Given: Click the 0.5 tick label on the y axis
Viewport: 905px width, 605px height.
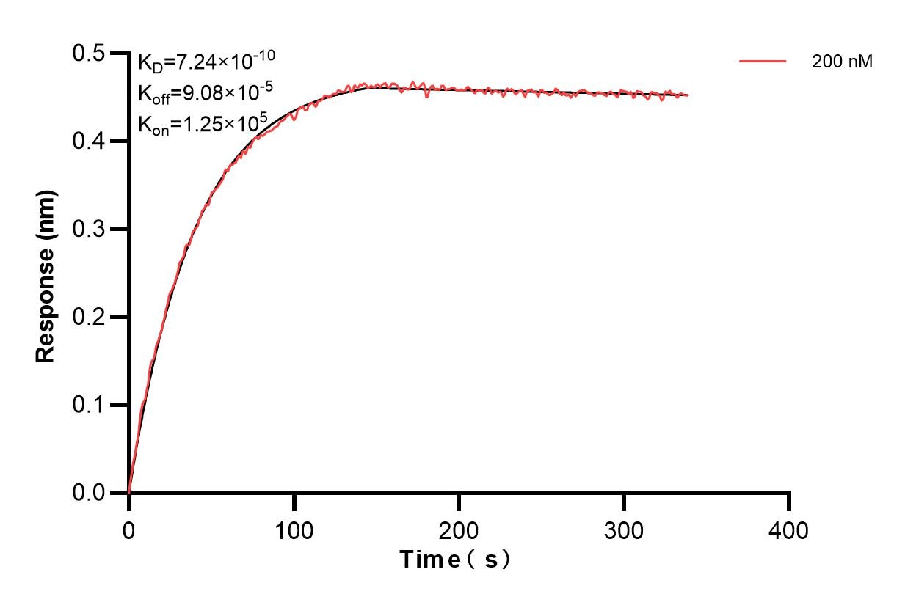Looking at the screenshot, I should point(89,53).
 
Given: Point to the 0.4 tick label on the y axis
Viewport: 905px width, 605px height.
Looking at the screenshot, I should point(89,141).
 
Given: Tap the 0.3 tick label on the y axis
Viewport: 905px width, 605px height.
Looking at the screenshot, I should point(89,229).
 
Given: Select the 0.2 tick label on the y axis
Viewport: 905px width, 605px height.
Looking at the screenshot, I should point(89,317).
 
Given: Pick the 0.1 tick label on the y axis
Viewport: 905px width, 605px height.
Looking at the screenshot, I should point(89,405).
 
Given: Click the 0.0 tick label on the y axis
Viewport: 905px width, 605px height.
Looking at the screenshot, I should point(89,493).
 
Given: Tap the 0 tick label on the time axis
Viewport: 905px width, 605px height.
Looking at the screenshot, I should point(129,529).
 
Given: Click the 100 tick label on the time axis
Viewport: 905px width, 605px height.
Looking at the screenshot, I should point(294,529).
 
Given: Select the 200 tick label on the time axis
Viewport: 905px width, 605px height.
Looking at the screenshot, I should point(459,529).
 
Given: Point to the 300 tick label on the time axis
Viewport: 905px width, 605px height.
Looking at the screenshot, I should point(624,529).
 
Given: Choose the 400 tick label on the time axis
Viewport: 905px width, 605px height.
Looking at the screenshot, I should point(789,529).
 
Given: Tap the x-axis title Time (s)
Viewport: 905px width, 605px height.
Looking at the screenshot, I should point(455,560).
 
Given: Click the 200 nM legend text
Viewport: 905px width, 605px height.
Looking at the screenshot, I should point(842,62).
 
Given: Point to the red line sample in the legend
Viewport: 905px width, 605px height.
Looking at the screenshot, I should point(763,62).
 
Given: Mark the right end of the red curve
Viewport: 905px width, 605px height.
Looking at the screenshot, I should point(688,95).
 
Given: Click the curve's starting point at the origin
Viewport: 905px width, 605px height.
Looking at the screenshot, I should point(129,492).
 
